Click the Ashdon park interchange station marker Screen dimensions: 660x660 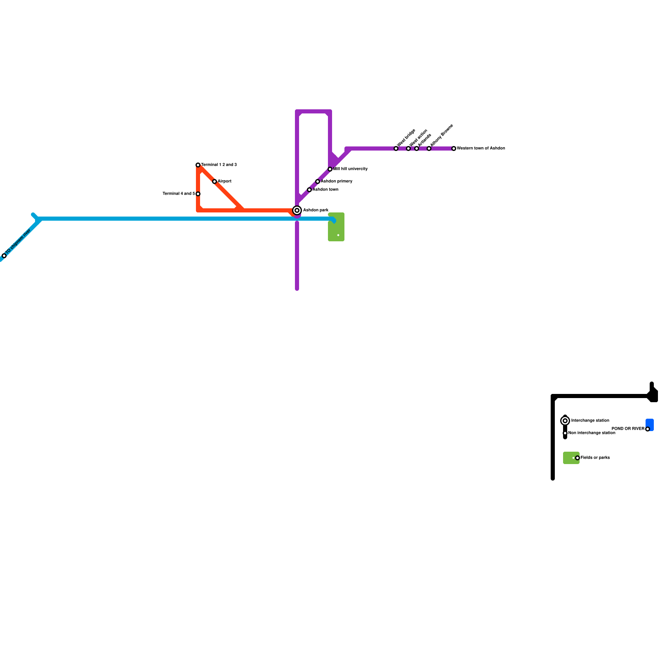[297, 210]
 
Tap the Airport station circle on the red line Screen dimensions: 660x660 [214, 181]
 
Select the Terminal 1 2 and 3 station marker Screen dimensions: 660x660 [198, 165]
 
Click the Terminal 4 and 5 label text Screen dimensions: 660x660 [179, 194]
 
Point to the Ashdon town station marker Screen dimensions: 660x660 [309, 190]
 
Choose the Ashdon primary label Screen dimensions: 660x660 [337, 181]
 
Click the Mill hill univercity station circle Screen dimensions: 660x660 [330, 169]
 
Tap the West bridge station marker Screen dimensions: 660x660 [396, 148]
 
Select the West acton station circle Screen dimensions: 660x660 [408, 148]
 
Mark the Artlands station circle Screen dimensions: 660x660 [417, 148]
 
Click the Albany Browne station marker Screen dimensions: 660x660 [429, 148]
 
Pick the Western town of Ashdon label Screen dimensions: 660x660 [481, 148]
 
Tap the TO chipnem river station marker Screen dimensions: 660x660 [4, 256]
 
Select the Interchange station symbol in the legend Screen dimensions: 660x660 [565, 421]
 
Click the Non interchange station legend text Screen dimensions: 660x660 [592, 433]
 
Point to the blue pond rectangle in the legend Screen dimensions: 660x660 [650, 424]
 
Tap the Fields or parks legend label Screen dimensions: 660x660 [595, 458]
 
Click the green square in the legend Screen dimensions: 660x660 [570, 458]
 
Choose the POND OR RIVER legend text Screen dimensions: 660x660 [628, 429]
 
